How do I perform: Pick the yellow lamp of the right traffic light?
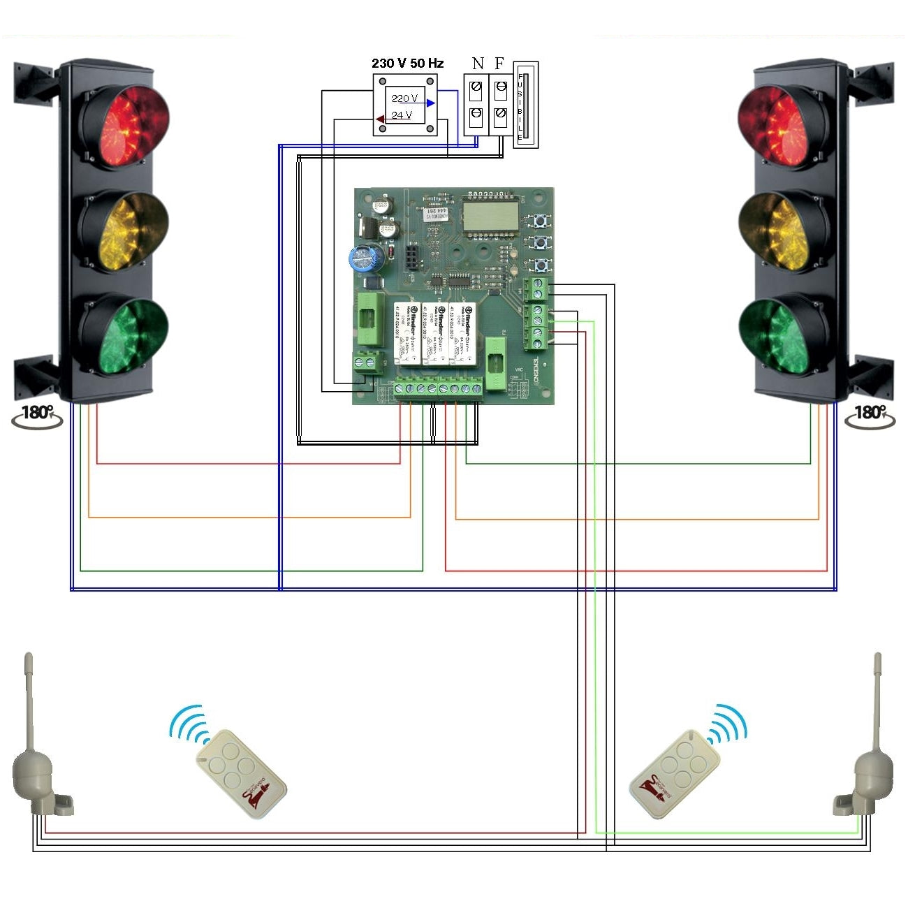click(779, 230)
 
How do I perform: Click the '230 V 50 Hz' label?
click(407, 64)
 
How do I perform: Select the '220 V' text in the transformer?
click(404, 98)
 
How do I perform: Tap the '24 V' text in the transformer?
click(402, 115)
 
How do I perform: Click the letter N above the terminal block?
click(478, 64)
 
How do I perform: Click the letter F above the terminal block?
click(499, 64)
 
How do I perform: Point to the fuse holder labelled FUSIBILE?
click(525, 105)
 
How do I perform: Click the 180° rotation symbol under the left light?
click(37, 416)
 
